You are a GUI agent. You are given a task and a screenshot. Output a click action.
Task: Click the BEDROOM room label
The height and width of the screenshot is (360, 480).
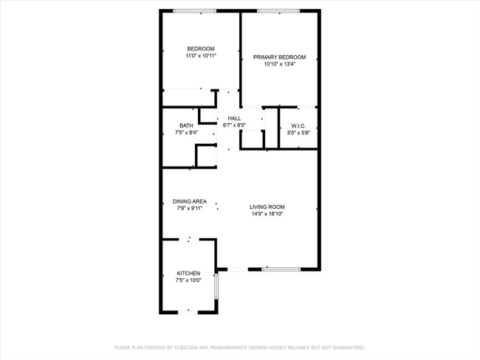(x=201, y=49)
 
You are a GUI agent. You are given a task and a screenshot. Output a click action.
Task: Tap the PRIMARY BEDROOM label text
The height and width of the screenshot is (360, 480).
(x=279, y=57)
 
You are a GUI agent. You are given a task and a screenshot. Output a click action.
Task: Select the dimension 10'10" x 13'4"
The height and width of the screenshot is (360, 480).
(x=279, y=64)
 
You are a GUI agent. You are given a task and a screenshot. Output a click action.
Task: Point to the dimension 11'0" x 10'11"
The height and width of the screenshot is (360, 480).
(x=201, y=56)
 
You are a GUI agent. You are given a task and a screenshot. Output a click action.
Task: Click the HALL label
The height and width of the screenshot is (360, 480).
(x=234, y=118)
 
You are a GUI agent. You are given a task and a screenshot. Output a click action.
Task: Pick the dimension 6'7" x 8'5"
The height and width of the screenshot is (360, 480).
(x=234, y=125)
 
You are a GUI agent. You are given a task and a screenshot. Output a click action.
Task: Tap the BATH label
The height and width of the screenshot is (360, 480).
(x=186, y=125)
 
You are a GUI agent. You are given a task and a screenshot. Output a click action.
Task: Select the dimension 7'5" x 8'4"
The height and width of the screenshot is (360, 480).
(x=186, y=133)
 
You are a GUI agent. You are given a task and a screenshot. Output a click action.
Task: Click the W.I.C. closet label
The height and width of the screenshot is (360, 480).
(x=299, y=125)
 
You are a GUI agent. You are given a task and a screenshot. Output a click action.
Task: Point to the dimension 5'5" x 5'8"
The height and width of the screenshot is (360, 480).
(x=299, y=133)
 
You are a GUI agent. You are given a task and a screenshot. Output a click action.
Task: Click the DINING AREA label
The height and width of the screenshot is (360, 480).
(x=190, y=201)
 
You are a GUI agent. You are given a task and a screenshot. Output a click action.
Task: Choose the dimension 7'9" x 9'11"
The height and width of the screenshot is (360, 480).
(x=190, y=209)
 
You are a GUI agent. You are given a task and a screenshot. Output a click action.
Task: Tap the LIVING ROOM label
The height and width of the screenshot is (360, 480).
(x=267, y=207)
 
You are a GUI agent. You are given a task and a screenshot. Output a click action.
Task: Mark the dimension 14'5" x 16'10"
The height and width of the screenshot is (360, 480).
(x=267, y=214)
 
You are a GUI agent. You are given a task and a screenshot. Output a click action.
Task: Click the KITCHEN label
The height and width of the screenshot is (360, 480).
(x=188, y=273)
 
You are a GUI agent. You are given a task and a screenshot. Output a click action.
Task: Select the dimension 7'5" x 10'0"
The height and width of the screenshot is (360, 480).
(x=188, y=280)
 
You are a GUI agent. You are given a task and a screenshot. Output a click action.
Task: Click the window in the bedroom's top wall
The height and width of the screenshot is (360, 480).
(x=195, y=10)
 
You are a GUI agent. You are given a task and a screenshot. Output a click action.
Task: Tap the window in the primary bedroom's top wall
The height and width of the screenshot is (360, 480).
(x=278, y=10)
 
